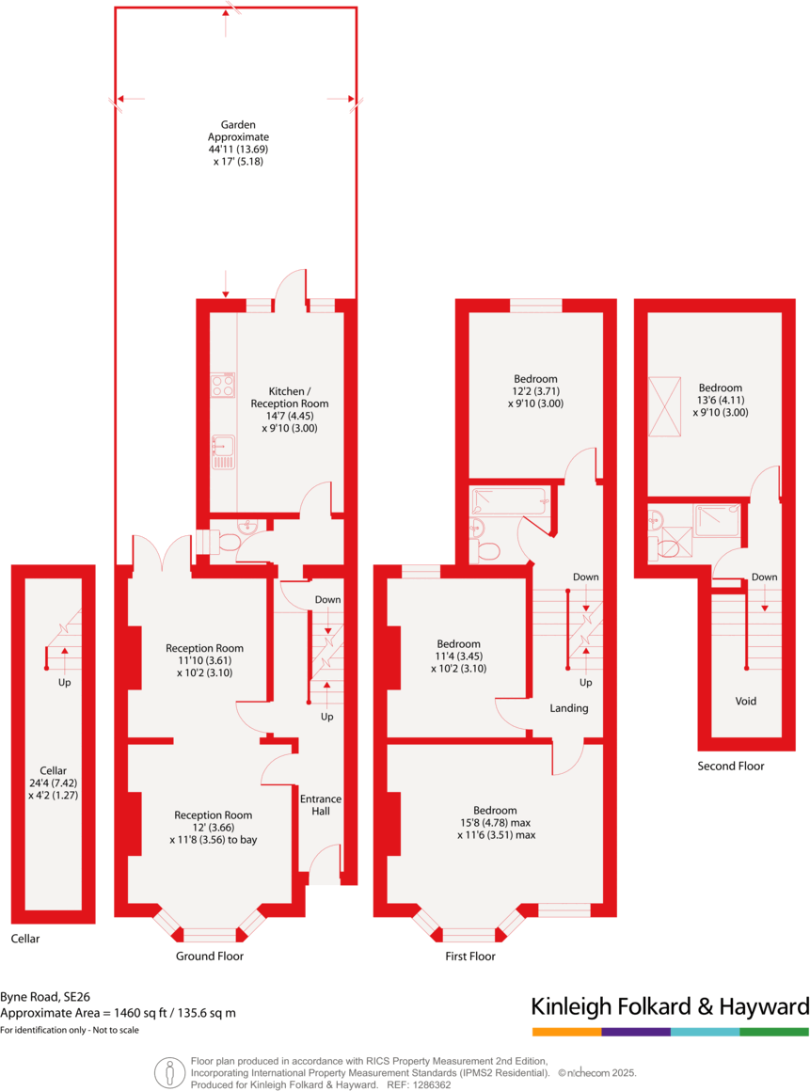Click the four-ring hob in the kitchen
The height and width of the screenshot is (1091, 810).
click(223, 385)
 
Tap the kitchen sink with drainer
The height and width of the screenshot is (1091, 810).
click(223, 451)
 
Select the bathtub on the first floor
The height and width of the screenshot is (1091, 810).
click(509, 503)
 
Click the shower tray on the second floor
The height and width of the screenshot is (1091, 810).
click(718, 518)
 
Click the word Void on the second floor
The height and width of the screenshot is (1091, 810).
click(745, 701)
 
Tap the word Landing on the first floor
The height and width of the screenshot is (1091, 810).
click(569, 708)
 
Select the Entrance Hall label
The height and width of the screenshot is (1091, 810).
click(320, 805)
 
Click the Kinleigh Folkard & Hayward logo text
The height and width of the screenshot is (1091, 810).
click(670, 1005)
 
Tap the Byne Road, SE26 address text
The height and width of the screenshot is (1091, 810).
click(45, 996)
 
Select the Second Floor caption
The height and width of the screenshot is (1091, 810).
click(730, 767)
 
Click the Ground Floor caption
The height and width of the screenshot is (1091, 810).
click(210, 957)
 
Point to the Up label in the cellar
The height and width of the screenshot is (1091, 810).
click(64, 683)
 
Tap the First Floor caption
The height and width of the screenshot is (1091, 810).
click(469, 957)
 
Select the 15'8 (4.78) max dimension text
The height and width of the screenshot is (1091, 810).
click(495, 822)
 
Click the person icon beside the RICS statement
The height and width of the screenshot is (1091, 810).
click(169, 1071)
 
